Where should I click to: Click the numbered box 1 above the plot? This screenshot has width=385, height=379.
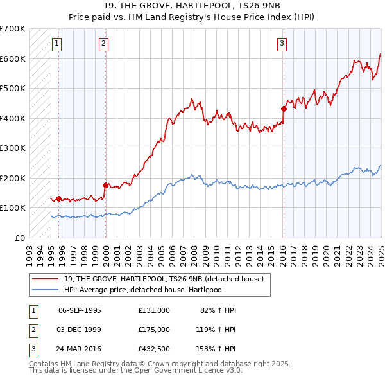click(57, 44)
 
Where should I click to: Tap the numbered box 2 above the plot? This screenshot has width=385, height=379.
click(103, 44)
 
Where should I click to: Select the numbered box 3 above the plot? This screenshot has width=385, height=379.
click(282, 44)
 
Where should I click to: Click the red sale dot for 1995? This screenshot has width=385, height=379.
click(58, 198)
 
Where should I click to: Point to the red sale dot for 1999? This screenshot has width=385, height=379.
click(105, 185)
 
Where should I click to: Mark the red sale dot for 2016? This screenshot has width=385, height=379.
click(283, 109)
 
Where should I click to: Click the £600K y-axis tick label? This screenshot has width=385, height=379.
click(13, 58)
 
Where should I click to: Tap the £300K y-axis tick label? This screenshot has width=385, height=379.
click(13, 148)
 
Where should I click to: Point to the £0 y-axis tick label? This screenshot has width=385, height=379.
click(19, 238)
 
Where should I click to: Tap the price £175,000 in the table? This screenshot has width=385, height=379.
click(153, 330)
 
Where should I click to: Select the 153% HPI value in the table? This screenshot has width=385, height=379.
click(216, 349)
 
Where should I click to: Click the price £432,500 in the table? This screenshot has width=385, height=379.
click(153, 349)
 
